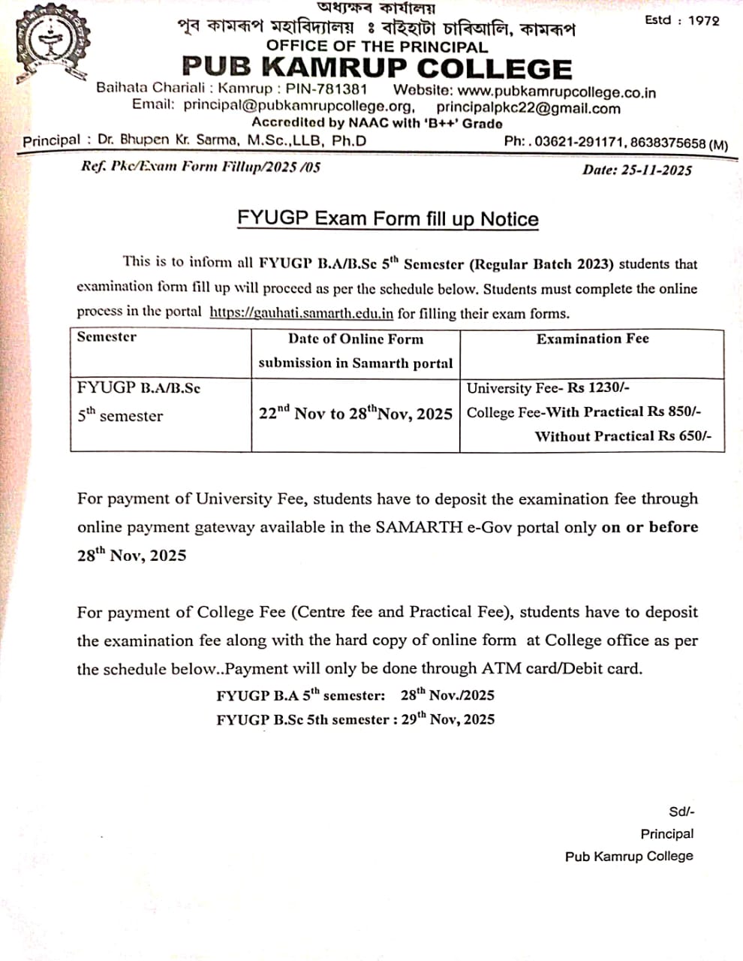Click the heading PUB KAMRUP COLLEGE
tap(377, 68)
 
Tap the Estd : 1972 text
tap(681, 20)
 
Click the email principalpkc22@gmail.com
tap(528, 108)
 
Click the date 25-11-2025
tap(656, 170)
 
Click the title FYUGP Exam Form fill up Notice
tap(388, 218)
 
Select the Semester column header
tap(107, 336)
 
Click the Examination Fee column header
tap(592, 339)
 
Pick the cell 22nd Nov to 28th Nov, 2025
tap(355, 413)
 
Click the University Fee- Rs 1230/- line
tap(548, 388)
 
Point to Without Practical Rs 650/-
tap(622, 436)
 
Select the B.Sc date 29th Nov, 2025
tap(447, 718)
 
